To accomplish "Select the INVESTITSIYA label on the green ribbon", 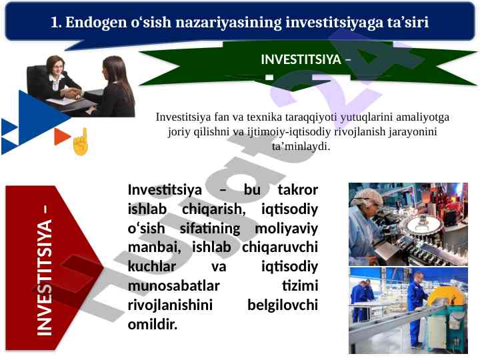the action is tap(301, 59).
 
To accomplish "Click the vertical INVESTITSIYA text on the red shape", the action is tap(44, 277).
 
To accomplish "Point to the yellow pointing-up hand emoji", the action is tap(81, 141).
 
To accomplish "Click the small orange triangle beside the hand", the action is tap(62, 137).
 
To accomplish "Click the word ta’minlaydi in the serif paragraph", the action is tap(301, 146).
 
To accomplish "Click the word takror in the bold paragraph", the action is tap(298, 189).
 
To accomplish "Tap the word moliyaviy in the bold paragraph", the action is tap(286, 229).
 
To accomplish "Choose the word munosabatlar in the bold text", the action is tap(173, 286).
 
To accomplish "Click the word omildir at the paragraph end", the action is tap(153, 324).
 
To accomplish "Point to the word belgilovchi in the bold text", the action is tap(283, 305).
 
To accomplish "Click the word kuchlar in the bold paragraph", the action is tap(152, 266).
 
